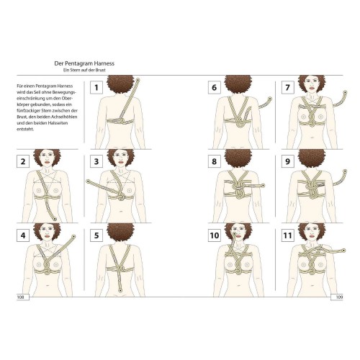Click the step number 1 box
pos(96,87)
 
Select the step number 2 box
pos(23,161)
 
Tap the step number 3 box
pos(96,161)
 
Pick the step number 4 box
pos(23,235)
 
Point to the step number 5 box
pos(96,235)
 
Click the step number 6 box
pos(215,87)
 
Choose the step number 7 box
pos(288,87)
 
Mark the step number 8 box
pos(215,161)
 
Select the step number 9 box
pos(288,161)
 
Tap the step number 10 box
pos(215,235)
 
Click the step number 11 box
pos(288,235)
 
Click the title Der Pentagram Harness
pos(84,63)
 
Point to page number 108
pos(21,297)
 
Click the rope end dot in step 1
pos(138,80)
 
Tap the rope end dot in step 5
pos(120,291)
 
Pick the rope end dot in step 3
pos(88,181)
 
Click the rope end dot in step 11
pos(343,251)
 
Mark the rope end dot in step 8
pos(263,186)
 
